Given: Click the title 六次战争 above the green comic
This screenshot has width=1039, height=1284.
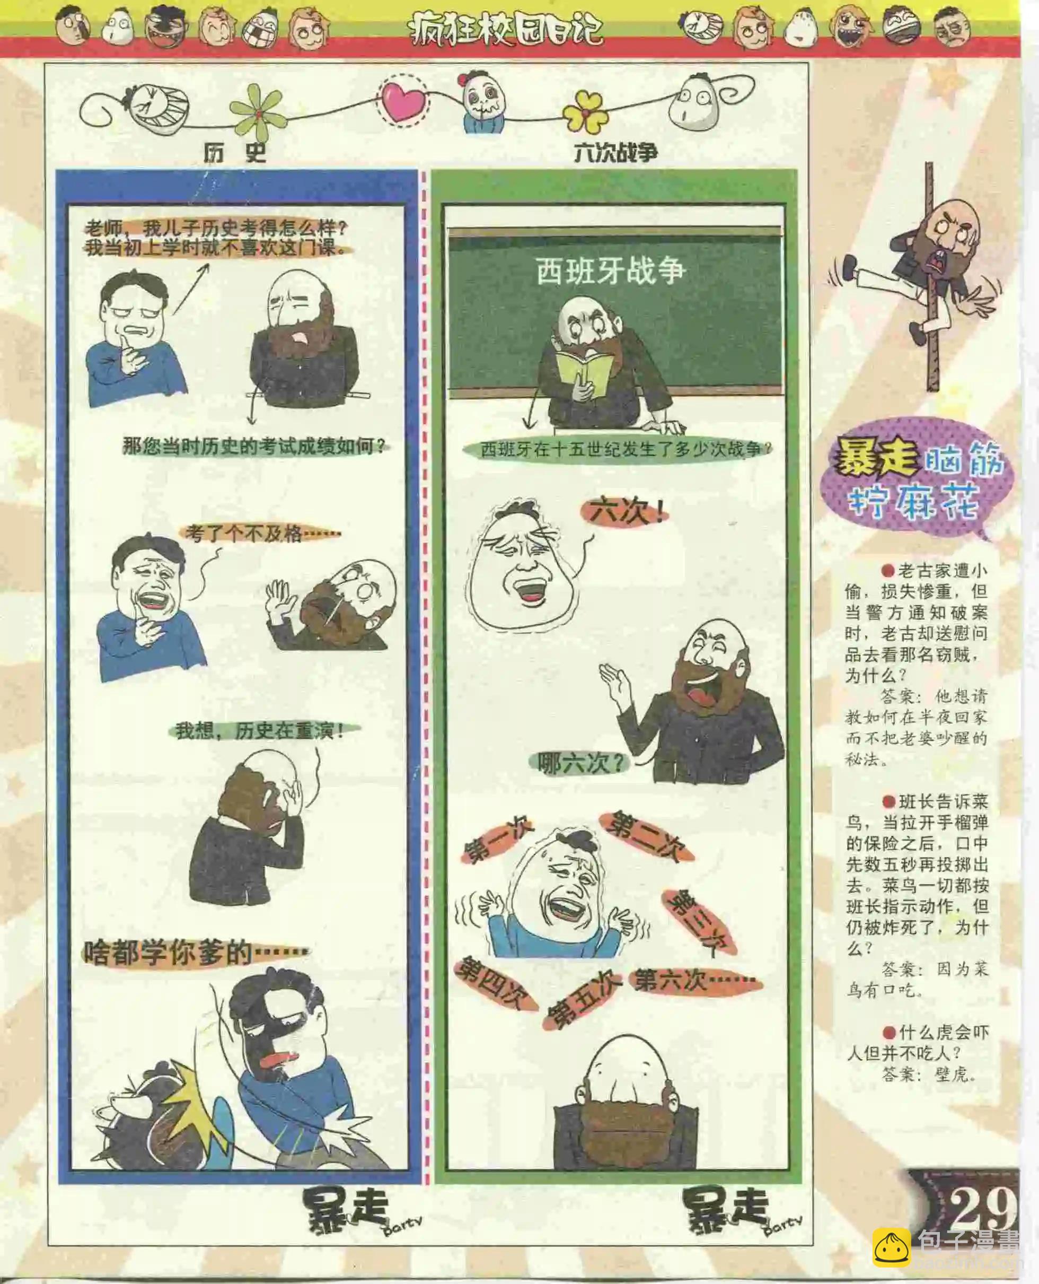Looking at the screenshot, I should pos(615,153).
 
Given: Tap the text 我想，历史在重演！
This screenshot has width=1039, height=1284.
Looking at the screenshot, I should pos(260,731).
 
